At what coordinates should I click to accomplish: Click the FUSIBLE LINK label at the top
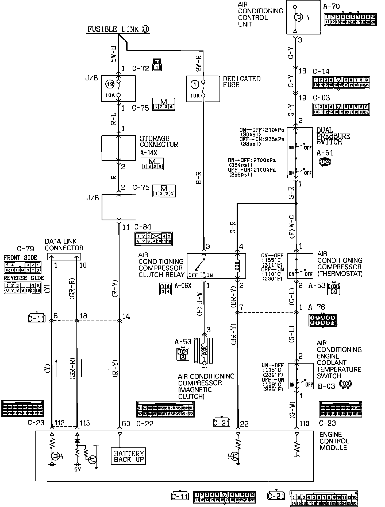pos(118,29)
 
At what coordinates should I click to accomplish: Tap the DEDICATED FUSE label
pos(242,82)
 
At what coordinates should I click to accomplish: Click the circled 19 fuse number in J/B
pos(110,84)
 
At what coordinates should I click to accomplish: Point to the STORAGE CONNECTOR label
pos(159,142)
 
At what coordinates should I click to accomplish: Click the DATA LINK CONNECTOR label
pos(64,245)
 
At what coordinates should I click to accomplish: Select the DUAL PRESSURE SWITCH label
pos(333,136)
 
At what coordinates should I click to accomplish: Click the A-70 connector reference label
pos(331,6)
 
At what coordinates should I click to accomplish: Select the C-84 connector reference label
pos(143,227)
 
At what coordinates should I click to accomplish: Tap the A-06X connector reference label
pos(183,286)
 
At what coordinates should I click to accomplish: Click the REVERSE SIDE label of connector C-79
pos(24,278)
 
